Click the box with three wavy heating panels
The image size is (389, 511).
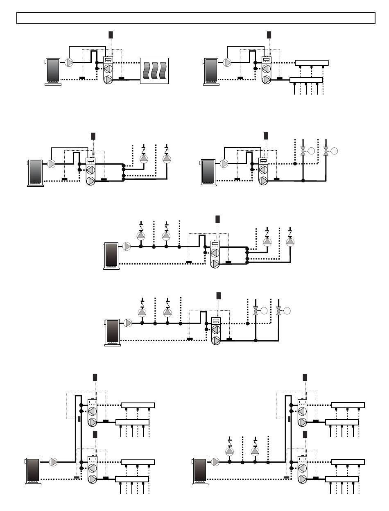tap(154, 71)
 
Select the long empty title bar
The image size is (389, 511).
tap(196, 18)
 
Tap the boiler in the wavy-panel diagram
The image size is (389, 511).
tap(53, 72)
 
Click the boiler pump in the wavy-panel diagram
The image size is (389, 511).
tap(69, 63)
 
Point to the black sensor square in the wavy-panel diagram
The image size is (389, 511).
tap(111, 34)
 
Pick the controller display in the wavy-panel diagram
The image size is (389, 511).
tap(109, 59)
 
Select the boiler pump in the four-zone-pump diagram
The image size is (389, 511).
tap(127, 246)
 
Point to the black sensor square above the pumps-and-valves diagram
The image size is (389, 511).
tap(218, 296)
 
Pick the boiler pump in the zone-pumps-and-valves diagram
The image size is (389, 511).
tap(128, 323)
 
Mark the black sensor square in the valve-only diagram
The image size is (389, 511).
tap(265, 136)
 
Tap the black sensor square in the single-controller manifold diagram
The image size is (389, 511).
tap(269, 34)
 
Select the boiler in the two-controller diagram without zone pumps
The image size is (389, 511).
tap(33, 471)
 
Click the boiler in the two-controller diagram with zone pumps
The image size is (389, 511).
tap(200, 471)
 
